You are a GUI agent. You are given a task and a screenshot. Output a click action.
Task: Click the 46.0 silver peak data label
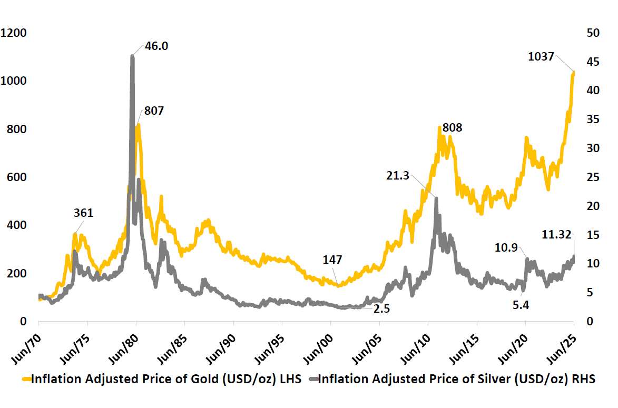[x=157, y=46]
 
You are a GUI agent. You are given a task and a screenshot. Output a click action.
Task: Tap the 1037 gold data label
[x=541, y=56]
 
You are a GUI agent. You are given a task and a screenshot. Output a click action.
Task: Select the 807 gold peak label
[x=153, y=111]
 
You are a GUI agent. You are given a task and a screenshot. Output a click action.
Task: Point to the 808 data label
[x=452, y=127]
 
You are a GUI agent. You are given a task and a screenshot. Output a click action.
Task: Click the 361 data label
[x=83, y=213]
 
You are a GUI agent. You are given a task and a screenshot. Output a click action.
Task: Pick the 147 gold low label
[x=332, y=260]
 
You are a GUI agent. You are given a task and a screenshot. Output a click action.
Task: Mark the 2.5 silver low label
[x=381, y=309]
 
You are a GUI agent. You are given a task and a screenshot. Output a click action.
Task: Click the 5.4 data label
[x=521, y=304]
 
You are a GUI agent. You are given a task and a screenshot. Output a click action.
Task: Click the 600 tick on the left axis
[x=17, y=177]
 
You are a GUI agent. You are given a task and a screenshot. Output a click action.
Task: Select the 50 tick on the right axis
[x=593, y=33]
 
